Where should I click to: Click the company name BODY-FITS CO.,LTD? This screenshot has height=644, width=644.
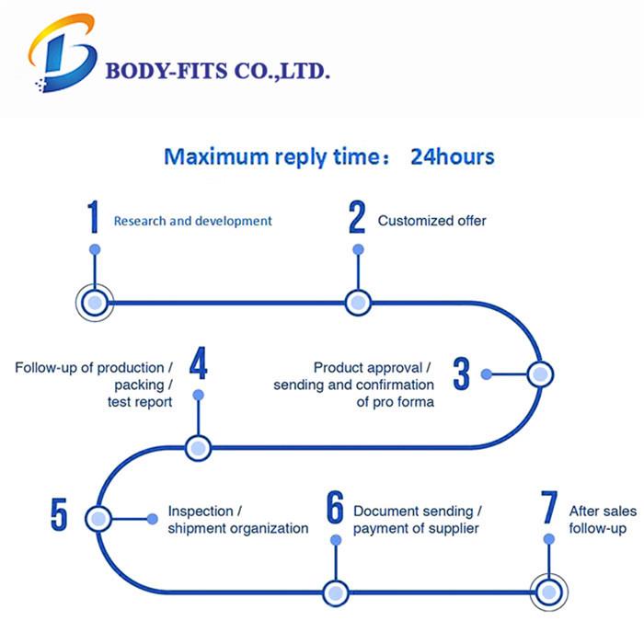coord(218,71)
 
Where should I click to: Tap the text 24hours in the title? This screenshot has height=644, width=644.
coord(452,156)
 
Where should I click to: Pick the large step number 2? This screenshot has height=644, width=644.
coord(357,218)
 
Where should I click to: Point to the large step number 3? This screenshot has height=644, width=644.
coord(461,374)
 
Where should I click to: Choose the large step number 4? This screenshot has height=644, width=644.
coord(198,364)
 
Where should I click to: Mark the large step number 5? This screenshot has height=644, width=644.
coord(59,514)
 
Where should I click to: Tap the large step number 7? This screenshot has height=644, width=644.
coord(549,509)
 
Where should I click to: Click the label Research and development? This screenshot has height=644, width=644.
coord(192,221)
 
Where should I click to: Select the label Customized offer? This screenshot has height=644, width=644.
coord(431,221)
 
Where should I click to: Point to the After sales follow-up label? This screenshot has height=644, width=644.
coord(599,519)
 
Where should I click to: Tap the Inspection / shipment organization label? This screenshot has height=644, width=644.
coord(237,519)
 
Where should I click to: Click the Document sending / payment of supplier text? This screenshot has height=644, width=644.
coord(417,519)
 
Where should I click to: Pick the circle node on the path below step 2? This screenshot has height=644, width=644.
coord(357,302)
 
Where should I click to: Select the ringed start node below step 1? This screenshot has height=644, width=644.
coord(94,302)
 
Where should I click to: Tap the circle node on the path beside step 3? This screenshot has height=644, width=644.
coord(539,374)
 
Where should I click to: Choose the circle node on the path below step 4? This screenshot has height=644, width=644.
coord(198,449)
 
